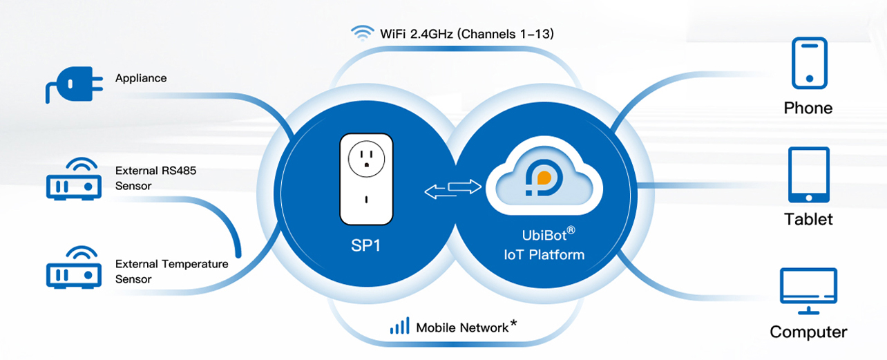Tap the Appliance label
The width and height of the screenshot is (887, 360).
click(x=141, y=78)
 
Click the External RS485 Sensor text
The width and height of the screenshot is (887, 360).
click(x=155, y=178)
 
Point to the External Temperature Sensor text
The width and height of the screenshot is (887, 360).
click(x=171, y=272)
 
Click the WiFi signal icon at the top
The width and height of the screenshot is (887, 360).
click(x=362, y=33)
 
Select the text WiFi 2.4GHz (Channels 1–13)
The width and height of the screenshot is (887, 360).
click(x=467, y=33)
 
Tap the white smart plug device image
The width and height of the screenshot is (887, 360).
click(x=367, y=179)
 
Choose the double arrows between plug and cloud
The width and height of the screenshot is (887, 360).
click(x=452, y=189)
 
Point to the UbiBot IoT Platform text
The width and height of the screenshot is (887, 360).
click(x=544, y=245)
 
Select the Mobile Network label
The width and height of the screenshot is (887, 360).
click(x=462, y=328)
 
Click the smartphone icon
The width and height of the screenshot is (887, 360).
click(x=808, y=64)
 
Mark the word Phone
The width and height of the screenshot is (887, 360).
click(x=808, y=108)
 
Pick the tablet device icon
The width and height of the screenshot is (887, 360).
click(x=808, y=175)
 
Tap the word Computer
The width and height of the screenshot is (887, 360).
click(x=808, y=332)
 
